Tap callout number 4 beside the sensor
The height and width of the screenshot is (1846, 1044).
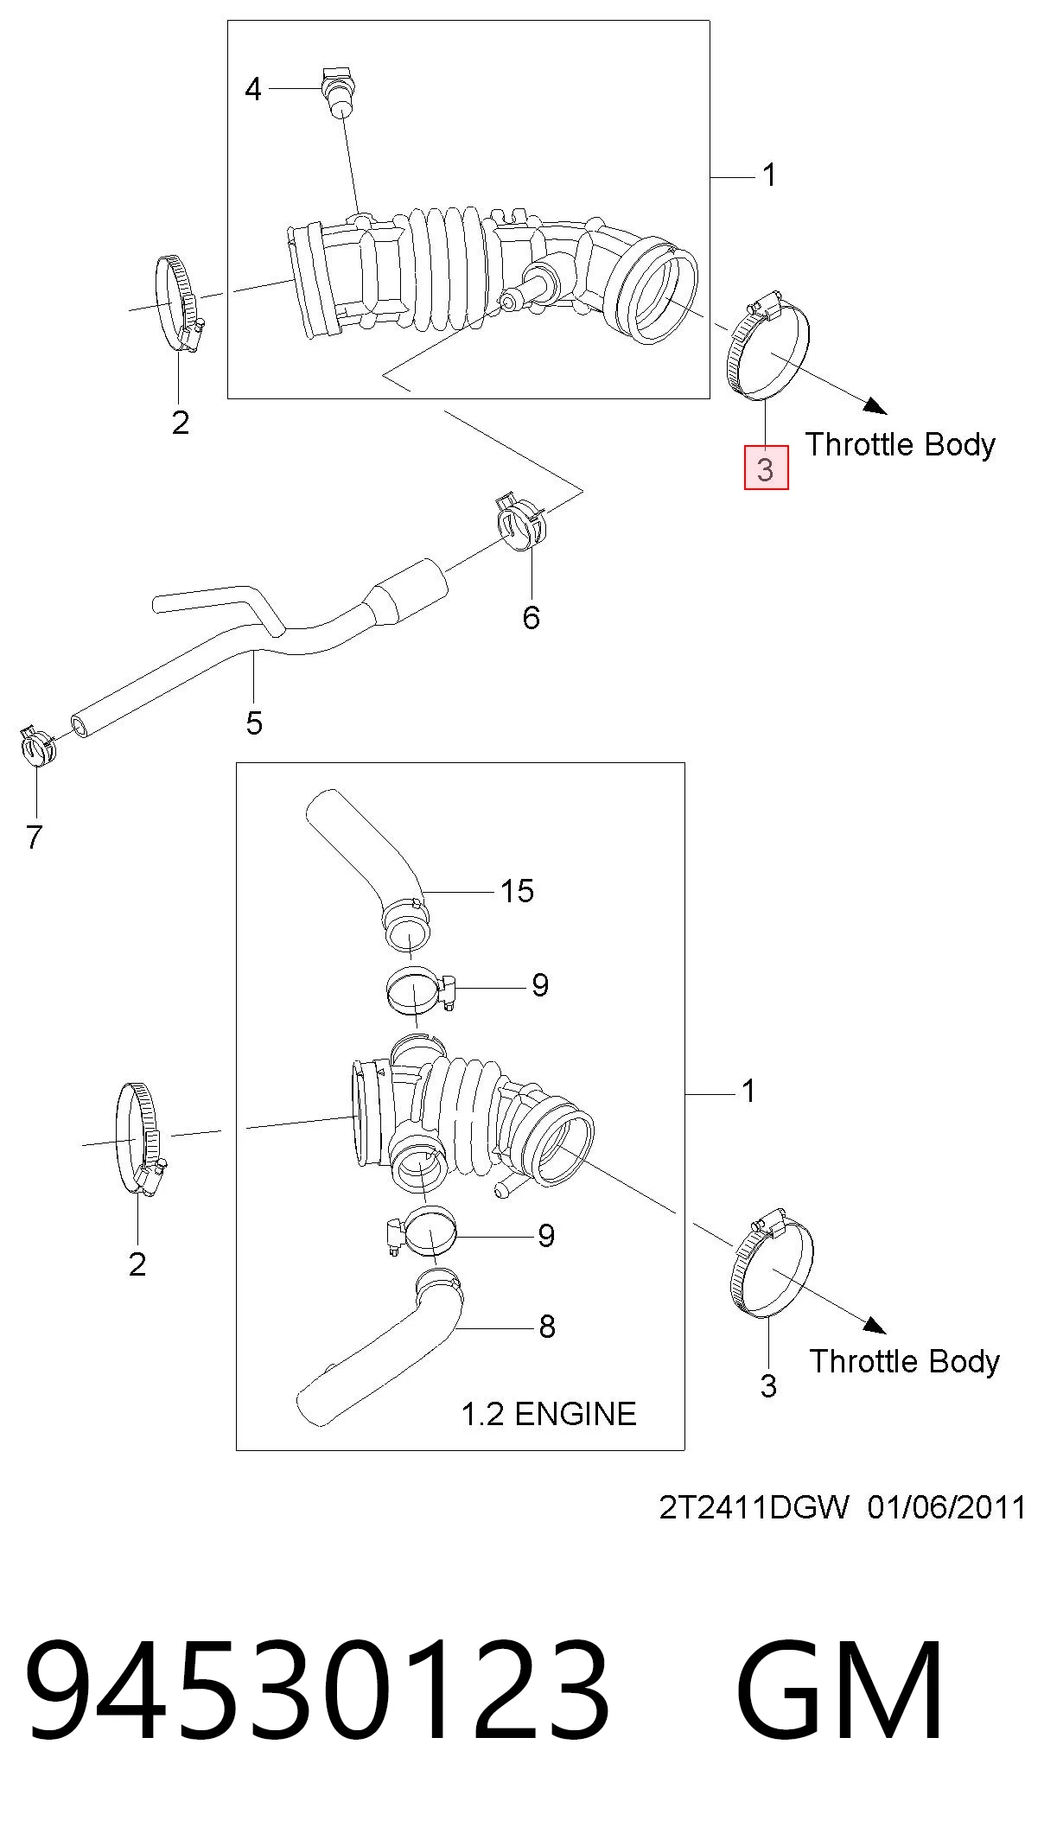[253, 89]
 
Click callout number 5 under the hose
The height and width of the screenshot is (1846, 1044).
[254, 723]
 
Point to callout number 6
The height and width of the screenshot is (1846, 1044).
[532, 617]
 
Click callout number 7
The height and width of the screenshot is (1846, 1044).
[35, 837]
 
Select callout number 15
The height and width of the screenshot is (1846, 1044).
[518, 891]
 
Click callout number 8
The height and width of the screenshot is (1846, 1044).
[547, 1327]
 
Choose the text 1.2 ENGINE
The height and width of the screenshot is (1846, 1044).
[549, 1414]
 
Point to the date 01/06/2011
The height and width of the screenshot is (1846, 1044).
[946, 1508]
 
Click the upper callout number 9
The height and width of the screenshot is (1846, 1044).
[540, 984]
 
